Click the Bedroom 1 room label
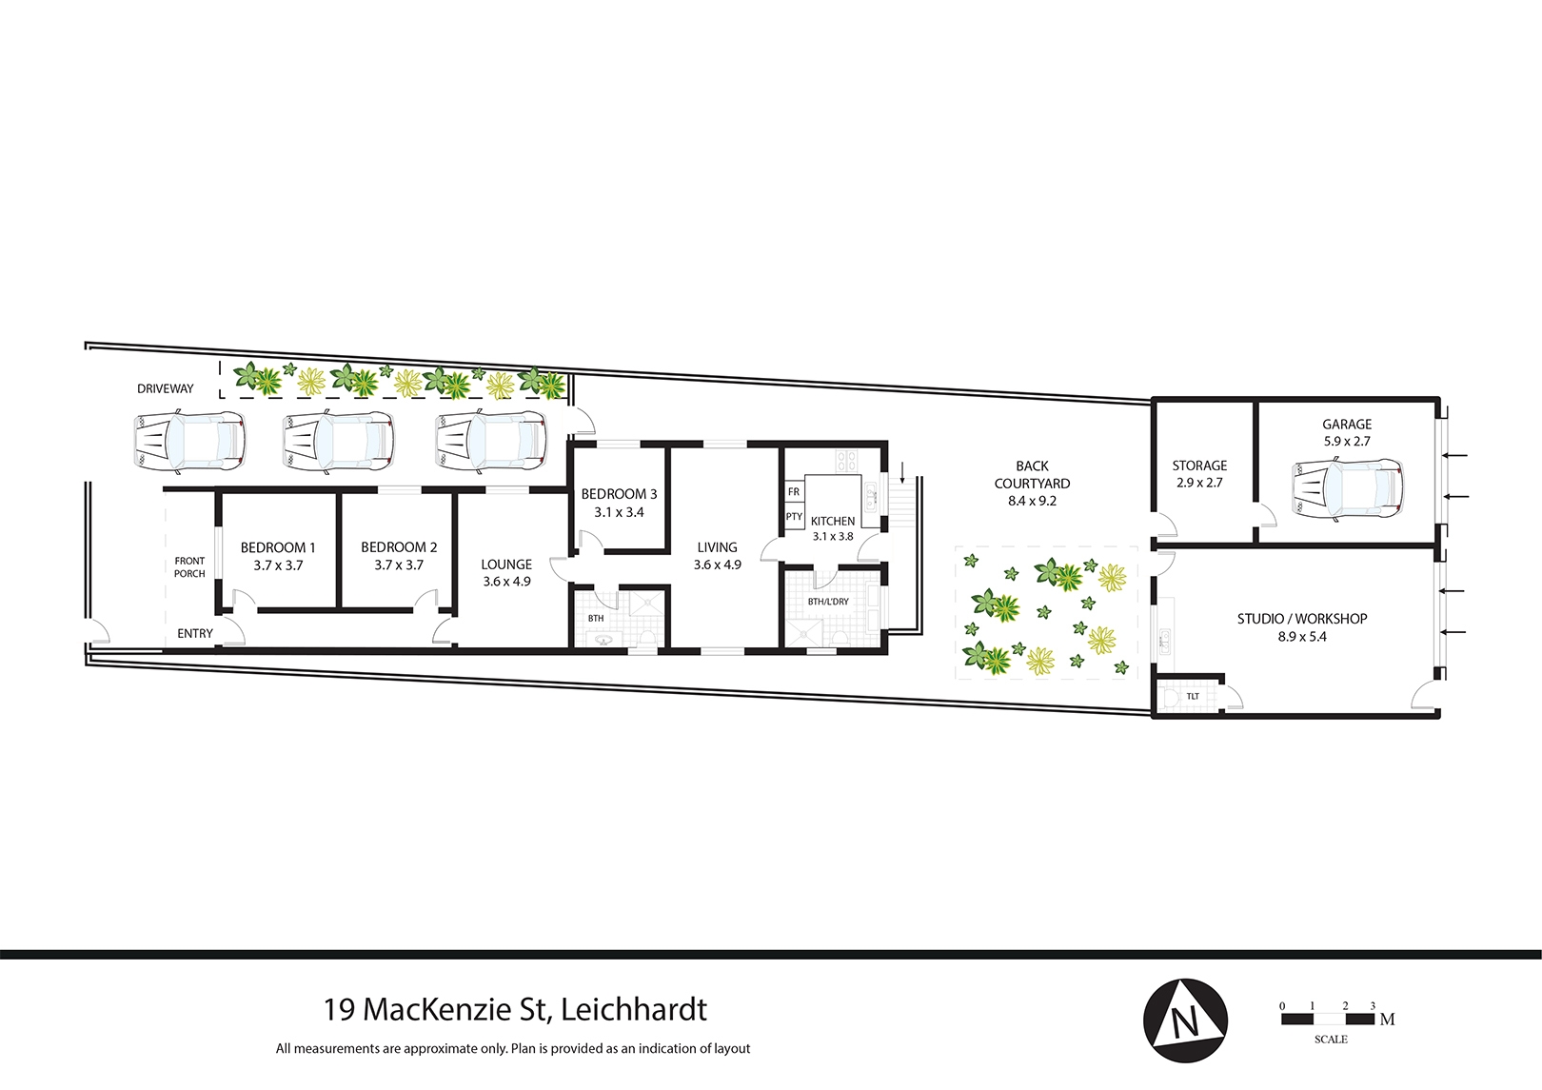(277, 547)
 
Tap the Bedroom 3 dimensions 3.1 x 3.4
(619, 512)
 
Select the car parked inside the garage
(1347, 490)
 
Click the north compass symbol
(1185, 1021)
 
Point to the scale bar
(1328, 1019)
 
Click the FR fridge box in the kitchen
(794, 491)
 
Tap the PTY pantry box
(794, 516)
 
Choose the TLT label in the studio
(1193, 696)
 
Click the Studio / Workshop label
(1302, 619)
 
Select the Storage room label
(1200, 466)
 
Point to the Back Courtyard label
(1032, 474)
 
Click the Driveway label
(166, 388)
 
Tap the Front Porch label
(189, 567)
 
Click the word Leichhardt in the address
(634, 1009)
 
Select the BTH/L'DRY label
(828, 601)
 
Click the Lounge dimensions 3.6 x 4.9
(506, 581)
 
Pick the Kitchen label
(833, 522)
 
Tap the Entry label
(195, 633)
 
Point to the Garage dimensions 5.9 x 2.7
(1347, 442)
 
